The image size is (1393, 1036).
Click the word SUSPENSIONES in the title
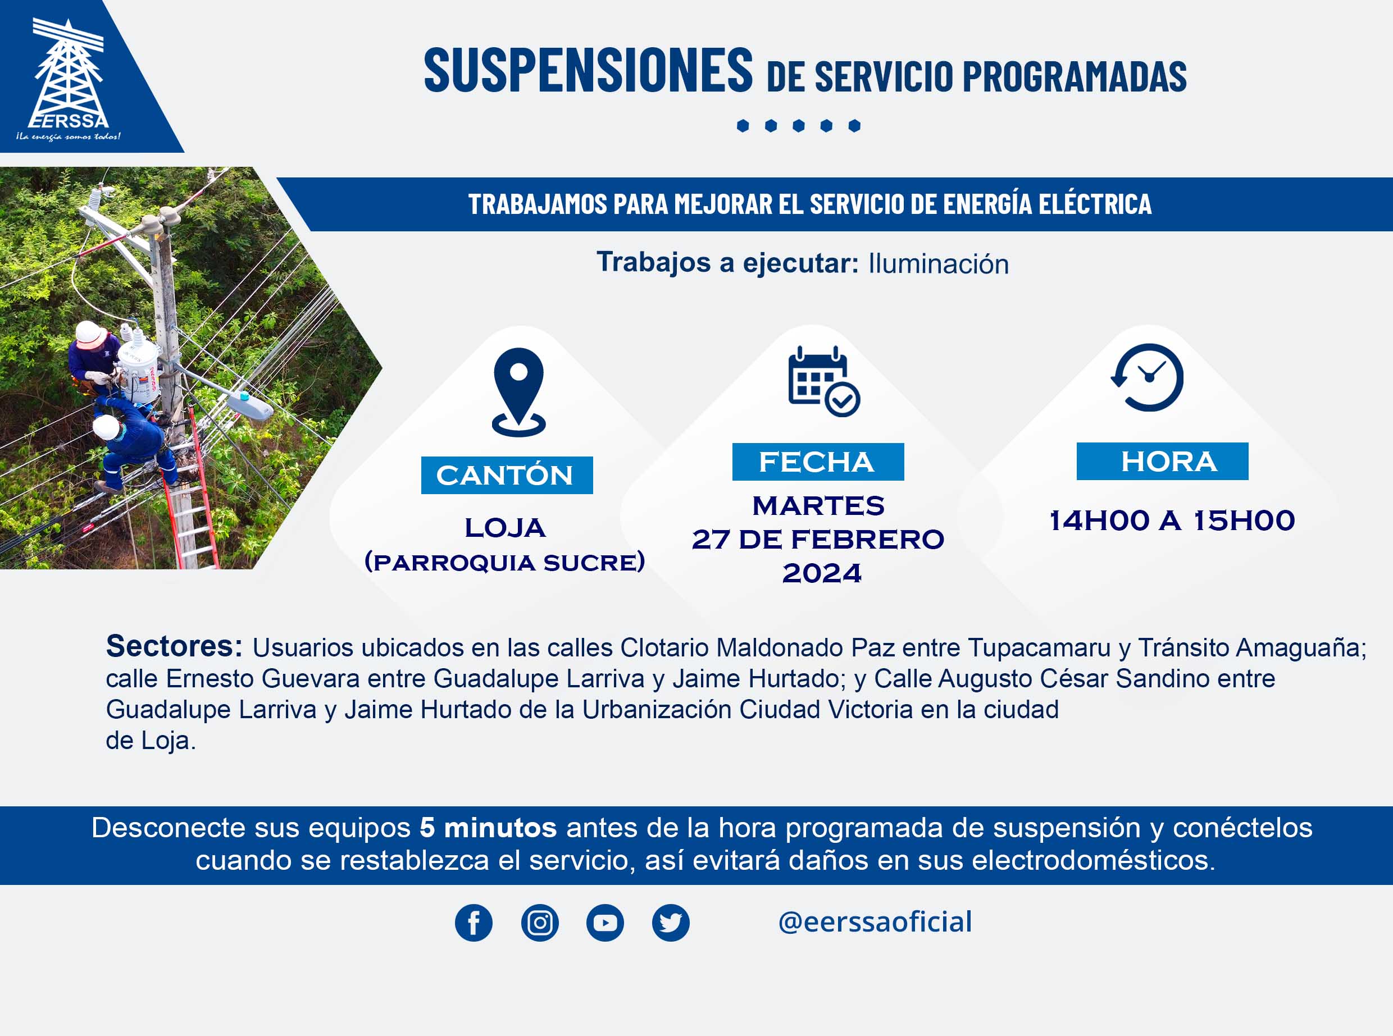[x=588, y=70]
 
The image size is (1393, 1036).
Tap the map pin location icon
[x=518, y=392]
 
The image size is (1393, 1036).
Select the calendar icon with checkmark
[x=823, y=381]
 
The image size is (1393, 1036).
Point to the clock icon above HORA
[x=1147, y=377]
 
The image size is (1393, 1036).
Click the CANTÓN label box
[x=507, y=476]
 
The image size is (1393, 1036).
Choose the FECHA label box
[x=818, y=462]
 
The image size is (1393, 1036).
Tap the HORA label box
[x=1162, y=462]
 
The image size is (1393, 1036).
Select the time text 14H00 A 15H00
[x=1172, y=521]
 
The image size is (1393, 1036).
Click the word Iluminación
[x=938, y=264]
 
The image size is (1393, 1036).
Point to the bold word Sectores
[x=174, y=646]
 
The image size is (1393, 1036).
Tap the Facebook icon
[x=474, y=923]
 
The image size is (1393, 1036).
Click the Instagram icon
[x=539, y=923]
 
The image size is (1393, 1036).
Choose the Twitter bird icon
[x=671, y=923]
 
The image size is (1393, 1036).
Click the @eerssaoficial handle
[x=875, y=922]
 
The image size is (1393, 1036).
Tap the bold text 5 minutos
[x=488, y=828]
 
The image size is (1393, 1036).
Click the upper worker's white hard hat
[x=91, y=334]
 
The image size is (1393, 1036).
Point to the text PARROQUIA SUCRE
[x=505, y=562]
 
